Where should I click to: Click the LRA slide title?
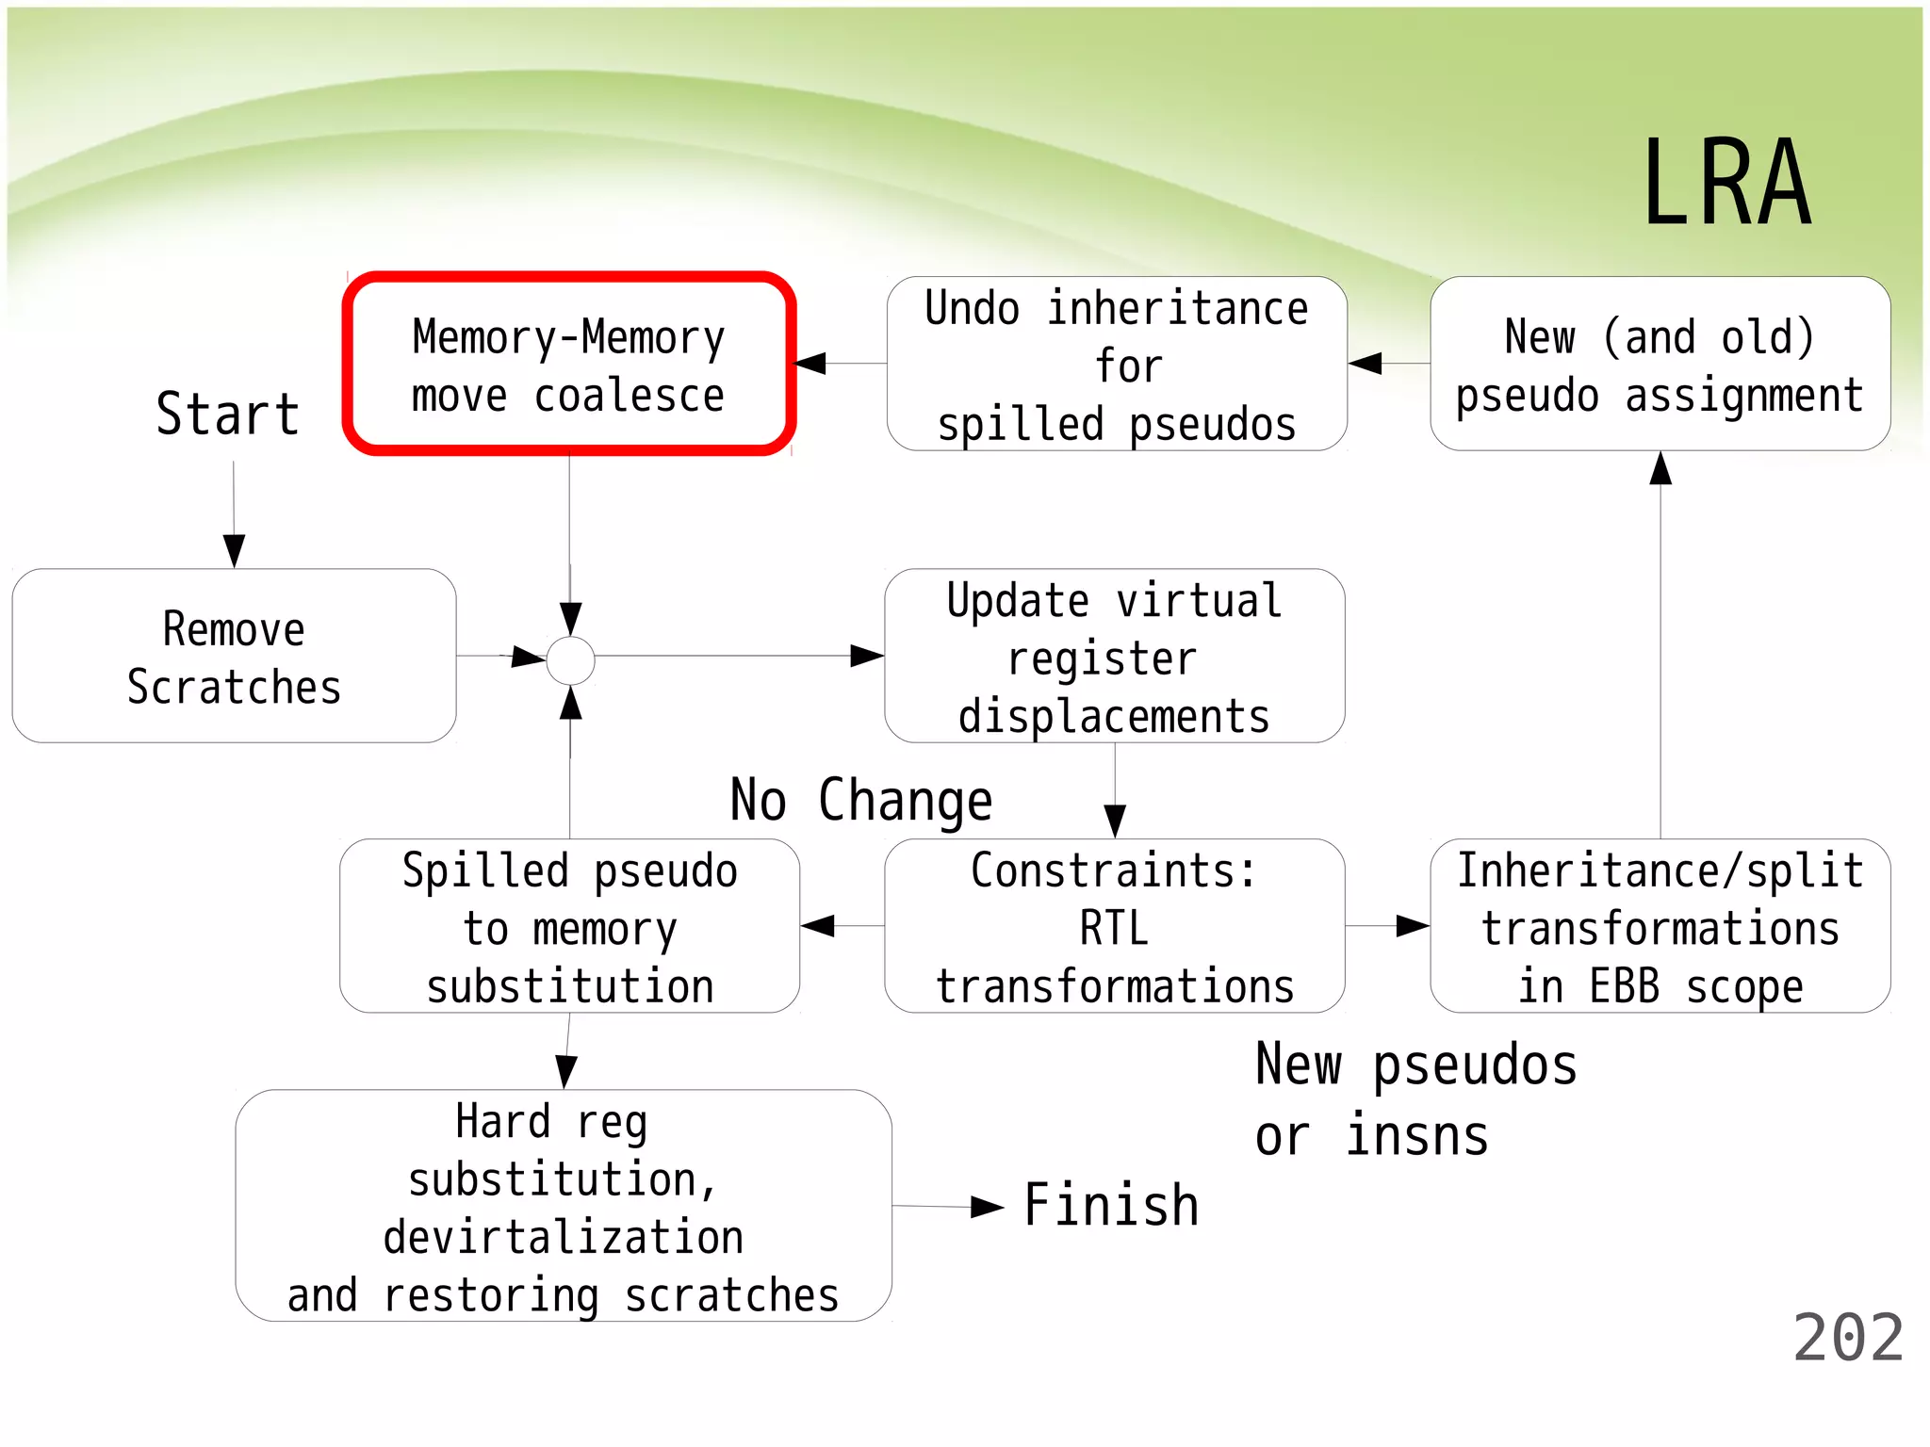[1726, 184]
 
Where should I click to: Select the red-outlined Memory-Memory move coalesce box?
[569, 365]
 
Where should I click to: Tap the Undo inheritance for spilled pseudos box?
[1117, 365]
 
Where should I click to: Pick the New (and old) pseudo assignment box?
[1660, 365]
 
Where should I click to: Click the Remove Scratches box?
[234, 657]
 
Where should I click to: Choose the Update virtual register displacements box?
[1114, 657]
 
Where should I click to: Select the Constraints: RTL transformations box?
[1114, 927]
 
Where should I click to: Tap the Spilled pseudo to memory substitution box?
[569, 927]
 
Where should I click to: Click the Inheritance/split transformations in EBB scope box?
[1660, 927]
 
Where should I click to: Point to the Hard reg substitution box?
[564, 1207]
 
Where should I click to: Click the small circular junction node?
[571, 660]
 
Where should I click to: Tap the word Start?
[227, 415]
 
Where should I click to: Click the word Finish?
[1111, 1205]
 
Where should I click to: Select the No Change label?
[861, 801]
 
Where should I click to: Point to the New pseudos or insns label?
[1415, 1100]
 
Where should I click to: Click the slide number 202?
[1848, 1338]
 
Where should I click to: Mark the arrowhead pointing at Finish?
[987, 1208]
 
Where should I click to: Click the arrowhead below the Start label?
[234, 550]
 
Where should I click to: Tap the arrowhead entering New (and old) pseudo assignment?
[1660, 468]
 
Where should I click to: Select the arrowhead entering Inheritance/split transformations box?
[1413, 926]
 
